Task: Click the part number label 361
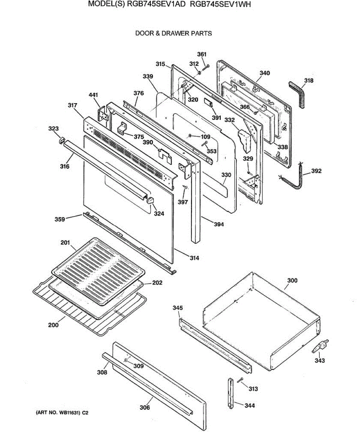click(x=202, y=54)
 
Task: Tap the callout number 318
click(x=308, y=81)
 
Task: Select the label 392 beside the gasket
click(x=316, y=171)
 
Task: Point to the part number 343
click(x=319, y=360)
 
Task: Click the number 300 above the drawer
click(x=292, y=280)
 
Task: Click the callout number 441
click(x=93, y=95)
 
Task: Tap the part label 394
click(x=219, y=224)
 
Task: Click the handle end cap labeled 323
click(x=61, y=140)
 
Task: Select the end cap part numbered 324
click(x=150, y=200)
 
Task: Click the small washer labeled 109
click(x=189, y=136)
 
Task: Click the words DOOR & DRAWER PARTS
click(x=173, y=33)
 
